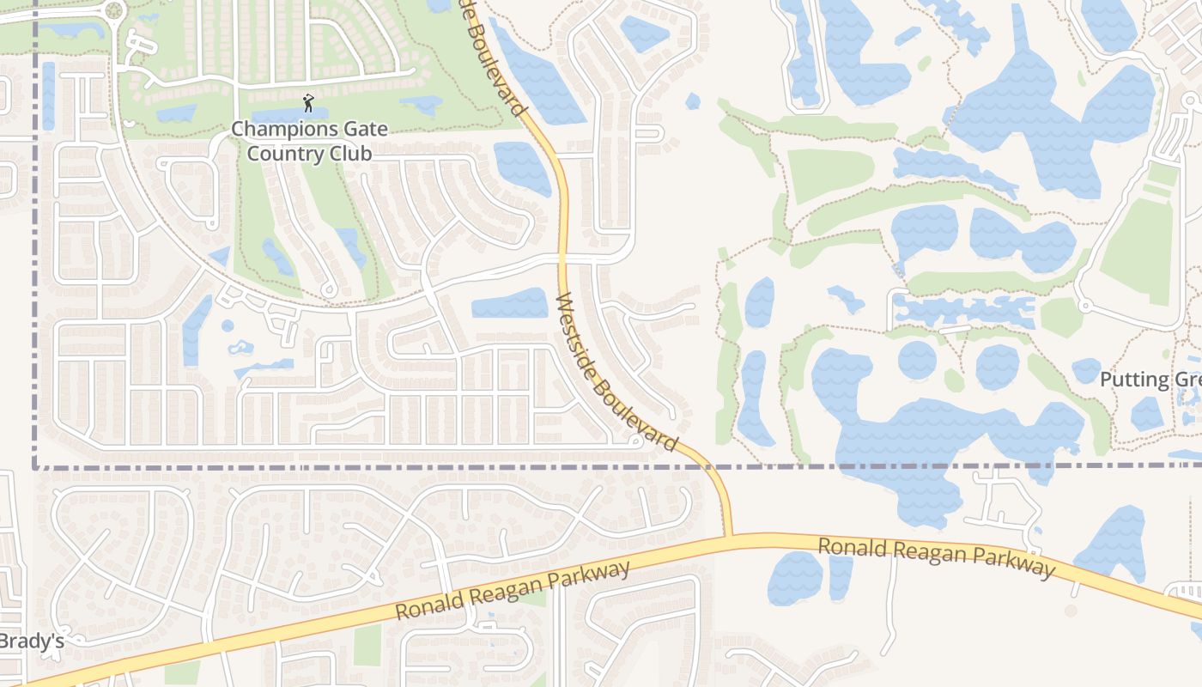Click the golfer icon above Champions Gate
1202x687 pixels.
pyautogui.click(x=309, y=104)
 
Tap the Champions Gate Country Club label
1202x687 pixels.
pyautogui.click(x=309, y=142)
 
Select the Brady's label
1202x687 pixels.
pyautogui.click(x=31, y=641)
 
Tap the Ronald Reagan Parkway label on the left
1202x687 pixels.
pyautogui.click(x=513, y=590)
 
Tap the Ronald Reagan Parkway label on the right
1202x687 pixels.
pyautogui.click(x=936, y=557)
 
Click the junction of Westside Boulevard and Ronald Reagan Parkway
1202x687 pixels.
pyautogui.click(x=729, y=537)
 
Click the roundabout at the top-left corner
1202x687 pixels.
pyautogui.click(x=112, y=11)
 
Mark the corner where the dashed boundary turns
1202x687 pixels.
pyautogui.click(x=36, y=468)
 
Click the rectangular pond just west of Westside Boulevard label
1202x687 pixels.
pyautogui.click(x=510, y=304)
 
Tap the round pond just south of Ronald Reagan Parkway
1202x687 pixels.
pyautogui.click(x=795, y=578)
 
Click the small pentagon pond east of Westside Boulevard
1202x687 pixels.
pyautogui.click(x=693, y=101)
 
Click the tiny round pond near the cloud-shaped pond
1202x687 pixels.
pyautogui.click(x=228, y=326)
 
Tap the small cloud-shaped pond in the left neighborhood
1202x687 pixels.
pyautogui.click(x=241, y=348)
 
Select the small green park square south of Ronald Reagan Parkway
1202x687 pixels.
pyautogui.click(x=367, y=645)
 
